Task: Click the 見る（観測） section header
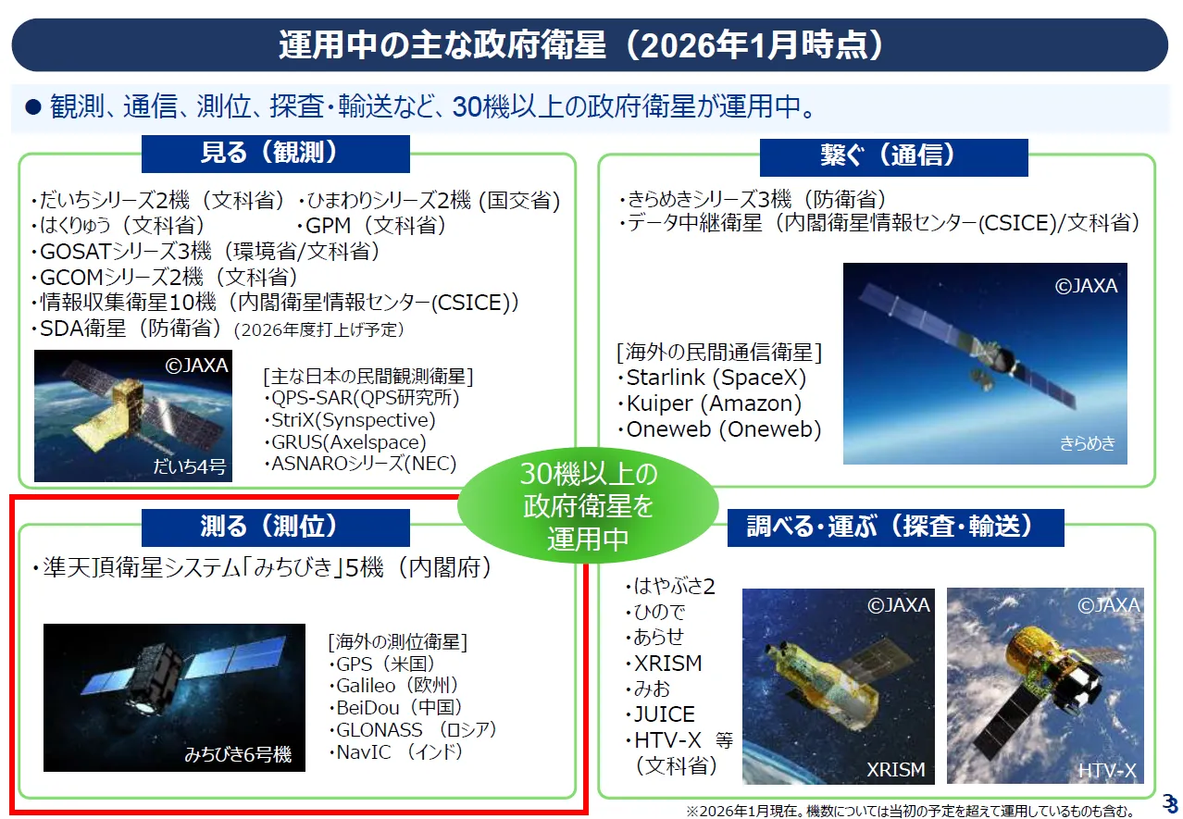click(275, 154)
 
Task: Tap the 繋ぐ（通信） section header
click(893, 156)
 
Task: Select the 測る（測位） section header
click(275, 527)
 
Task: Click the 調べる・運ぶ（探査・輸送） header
click(895, 527)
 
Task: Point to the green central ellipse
click(588, 505)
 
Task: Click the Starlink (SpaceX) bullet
click(712, 378)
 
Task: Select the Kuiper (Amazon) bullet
click(710, 403)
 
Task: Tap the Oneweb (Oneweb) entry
click(719, 429)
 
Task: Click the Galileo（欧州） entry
click(393, 686)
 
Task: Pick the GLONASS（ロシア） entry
click(413, 730)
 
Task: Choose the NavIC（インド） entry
click(395, 752)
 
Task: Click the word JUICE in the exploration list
click(660, 714)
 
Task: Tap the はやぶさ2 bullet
click(669, 586)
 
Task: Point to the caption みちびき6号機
click(238, 754)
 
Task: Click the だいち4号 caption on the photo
click(190, 466)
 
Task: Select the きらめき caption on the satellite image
click(1087, 443)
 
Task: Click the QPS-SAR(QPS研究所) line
click(362, 398)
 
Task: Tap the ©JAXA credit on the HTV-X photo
click(1109, 604)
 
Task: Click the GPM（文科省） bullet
click(371, 226)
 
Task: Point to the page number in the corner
click(1169, 804)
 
